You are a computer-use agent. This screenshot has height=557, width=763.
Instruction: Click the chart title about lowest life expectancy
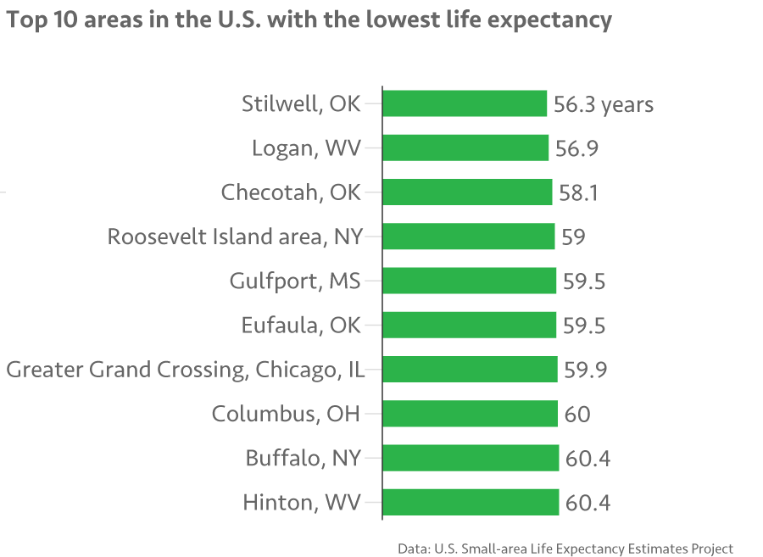pyautogui.click(x=309, y=20)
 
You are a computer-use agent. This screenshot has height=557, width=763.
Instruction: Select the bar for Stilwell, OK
pyautogui.click(x=465, y=104)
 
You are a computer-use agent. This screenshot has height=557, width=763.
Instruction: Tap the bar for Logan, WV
pyautogui.click(x=465, y=148)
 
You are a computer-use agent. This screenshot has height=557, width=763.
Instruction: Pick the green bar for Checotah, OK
pyautogui.click(x=467, y=192)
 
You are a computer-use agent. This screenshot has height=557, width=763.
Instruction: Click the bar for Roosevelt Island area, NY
pyautogui.click(x=469, y=237)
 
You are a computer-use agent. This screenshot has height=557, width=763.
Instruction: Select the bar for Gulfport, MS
pyautogui.click(x=470, y=281)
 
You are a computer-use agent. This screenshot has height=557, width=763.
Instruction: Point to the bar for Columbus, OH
pyautogui.click(x=471, y=414)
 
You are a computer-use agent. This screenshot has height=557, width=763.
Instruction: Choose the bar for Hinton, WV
pyautogui.click(x=471, y=502)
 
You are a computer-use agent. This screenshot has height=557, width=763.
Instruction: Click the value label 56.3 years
pyautogui.click(x=604, y=104)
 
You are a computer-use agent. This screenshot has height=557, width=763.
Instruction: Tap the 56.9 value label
pyautogui.click(x=577, y=148)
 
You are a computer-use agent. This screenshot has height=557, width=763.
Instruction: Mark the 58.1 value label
pyautogui.click(x=579, y=192)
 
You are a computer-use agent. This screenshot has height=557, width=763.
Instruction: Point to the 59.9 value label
pyautogui.click(x=586, y=370)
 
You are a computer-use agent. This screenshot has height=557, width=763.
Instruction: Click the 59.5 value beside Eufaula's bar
pyautogui.click(x=584, y=326)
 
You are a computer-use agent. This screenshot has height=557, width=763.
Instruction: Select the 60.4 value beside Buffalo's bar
pyautogui.click(x=588, y=458)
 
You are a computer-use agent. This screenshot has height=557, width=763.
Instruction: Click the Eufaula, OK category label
pyautogui.click(x=301, y=326)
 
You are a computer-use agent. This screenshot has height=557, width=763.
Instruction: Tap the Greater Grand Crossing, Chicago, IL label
pyautogui.click(x=192, y=370)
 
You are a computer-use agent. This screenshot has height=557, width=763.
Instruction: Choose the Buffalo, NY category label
pyautogui.click(x=304, y=458)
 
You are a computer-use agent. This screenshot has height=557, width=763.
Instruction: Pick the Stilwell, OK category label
pyautogui.click(x=301, y=104)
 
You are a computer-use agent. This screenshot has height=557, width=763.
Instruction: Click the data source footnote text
pyautogui.click(x=565, y=548)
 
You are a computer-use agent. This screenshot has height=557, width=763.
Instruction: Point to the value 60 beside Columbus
pyautogui.click(x=577, y=414)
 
